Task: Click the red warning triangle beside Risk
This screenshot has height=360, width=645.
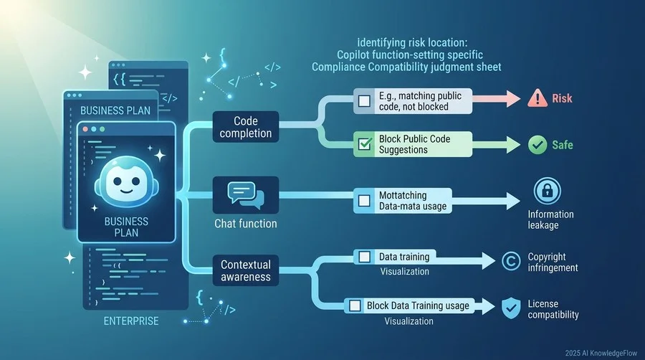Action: point(537,99)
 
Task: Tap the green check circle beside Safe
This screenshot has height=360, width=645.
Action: point(537,145)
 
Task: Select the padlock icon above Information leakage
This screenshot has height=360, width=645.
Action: point(547,191)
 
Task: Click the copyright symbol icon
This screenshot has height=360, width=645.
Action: point(511,261)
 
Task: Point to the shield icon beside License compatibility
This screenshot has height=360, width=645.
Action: point(511,308)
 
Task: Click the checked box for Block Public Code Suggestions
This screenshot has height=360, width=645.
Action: point(365,144)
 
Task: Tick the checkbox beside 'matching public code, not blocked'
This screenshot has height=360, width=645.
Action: point(364,101)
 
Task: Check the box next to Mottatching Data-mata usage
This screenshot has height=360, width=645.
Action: point(364,200)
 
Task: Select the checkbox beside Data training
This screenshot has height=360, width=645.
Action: point(364,257)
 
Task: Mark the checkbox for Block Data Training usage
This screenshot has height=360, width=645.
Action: point(355,305)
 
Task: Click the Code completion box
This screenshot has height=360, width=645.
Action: point(246,127)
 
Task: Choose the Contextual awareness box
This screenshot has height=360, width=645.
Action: point(246,270)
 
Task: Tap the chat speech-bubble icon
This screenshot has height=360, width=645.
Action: point(246,196)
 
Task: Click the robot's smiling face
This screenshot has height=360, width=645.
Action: point(127,181)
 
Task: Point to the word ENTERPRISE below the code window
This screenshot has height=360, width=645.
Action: point(131,321)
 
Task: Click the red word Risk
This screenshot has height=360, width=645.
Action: point(562,98)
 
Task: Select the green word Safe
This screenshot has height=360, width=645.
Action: point(563,145)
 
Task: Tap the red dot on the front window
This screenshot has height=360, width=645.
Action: point(85,129)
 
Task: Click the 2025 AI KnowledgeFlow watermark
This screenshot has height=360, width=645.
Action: point(601,353)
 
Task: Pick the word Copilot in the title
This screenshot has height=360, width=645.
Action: point(353,55)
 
